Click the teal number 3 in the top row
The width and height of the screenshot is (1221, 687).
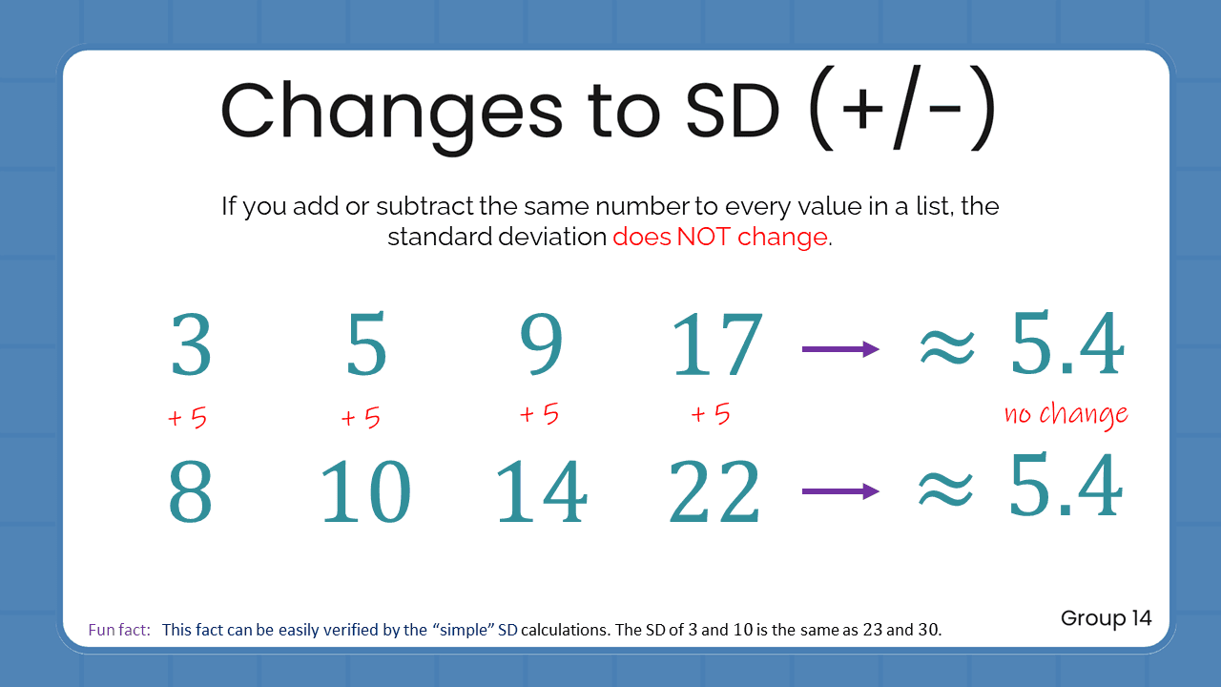191,345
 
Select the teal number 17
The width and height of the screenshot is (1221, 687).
717,345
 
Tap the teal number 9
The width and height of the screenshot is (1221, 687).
541,345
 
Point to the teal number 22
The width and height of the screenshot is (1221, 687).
715,492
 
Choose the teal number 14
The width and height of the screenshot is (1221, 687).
541,492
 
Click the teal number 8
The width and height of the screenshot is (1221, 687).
191,492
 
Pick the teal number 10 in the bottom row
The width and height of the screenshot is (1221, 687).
365,492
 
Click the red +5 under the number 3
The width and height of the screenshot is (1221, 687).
187,418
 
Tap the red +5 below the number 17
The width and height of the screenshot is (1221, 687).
710,414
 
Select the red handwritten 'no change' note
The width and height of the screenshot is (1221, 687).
1066,415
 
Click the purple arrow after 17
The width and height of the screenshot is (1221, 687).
840,349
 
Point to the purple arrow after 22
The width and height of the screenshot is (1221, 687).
840,491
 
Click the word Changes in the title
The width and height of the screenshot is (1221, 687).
392,111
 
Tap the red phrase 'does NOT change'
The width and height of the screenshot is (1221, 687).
720,238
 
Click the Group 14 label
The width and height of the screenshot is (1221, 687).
1107,618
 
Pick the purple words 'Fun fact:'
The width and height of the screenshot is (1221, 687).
119,630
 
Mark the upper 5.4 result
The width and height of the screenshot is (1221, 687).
1066,345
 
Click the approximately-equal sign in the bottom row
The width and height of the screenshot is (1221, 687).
945,490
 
